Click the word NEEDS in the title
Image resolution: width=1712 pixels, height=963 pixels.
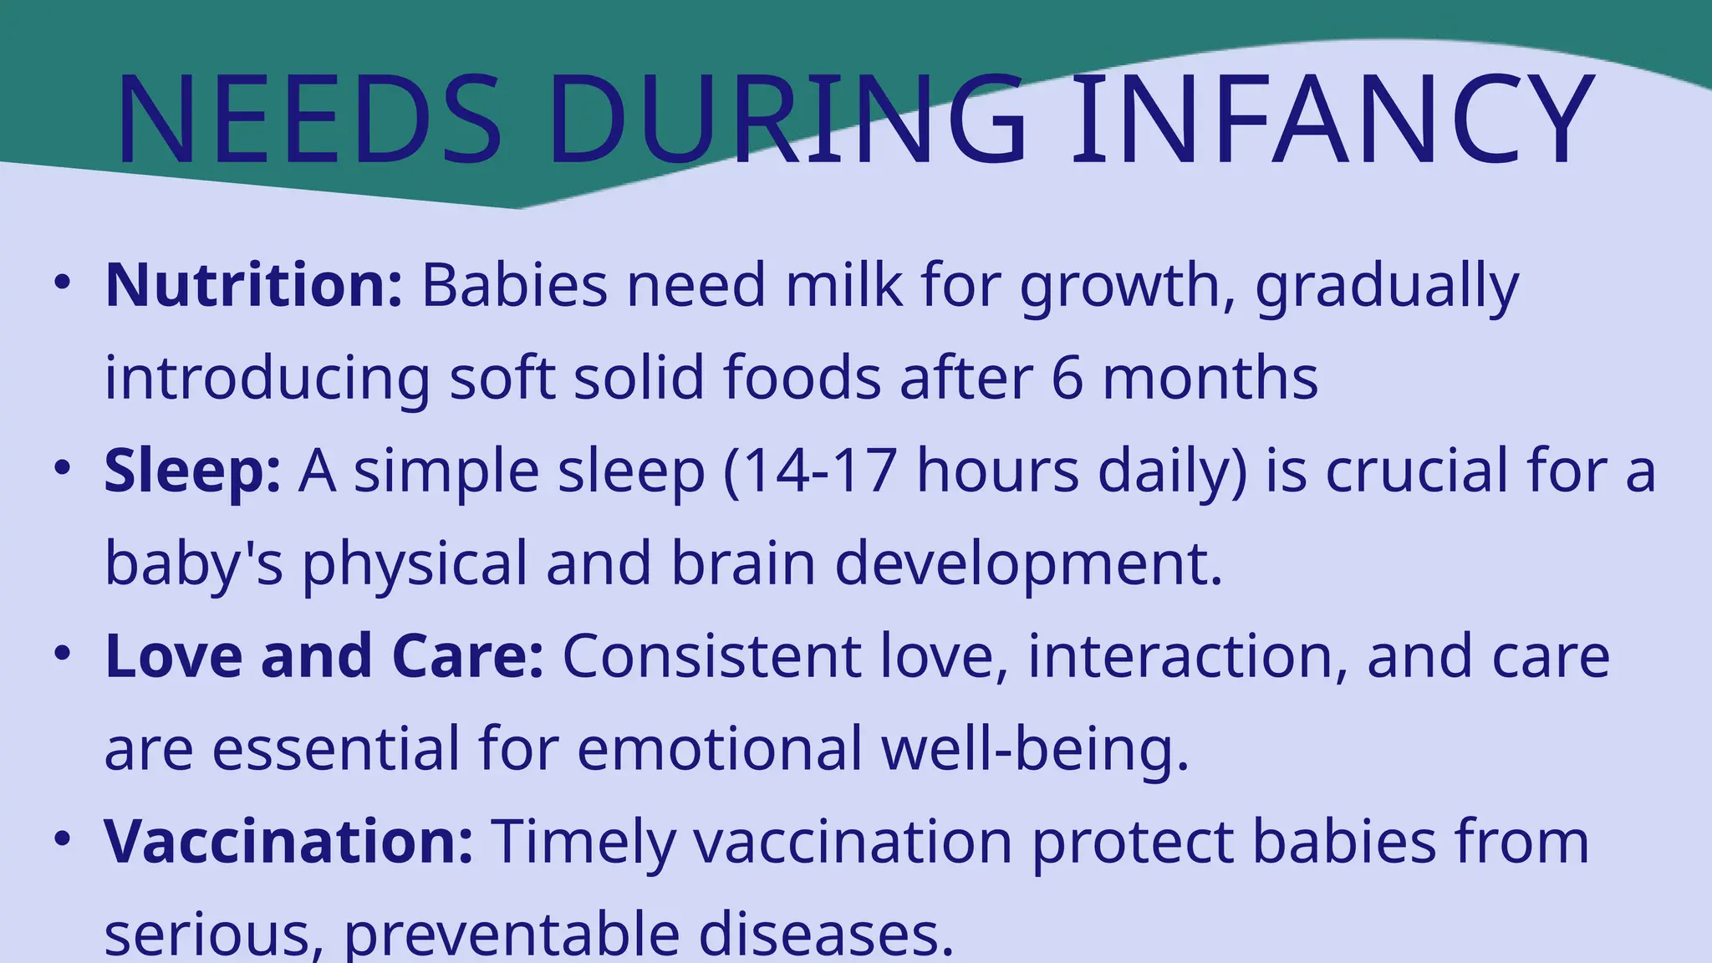click(309, 121)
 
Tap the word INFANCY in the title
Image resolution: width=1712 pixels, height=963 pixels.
click(1332, 121)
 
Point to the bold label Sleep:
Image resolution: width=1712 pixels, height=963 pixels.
click(192, 471)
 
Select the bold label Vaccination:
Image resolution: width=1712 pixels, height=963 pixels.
click(288, 841)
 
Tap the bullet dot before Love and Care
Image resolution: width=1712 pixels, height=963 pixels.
click(61, 655)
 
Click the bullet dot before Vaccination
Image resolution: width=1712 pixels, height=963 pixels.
click(61, 839)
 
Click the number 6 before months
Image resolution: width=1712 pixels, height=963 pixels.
click(1067, 378)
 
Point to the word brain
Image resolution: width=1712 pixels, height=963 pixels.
click(742, 563)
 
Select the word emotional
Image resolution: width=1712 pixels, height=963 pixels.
click(720, 748)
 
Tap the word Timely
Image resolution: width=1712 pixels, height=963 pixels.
click(582, 843)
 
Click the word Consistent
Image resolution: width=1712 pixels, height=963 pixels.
click(711, 656)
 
